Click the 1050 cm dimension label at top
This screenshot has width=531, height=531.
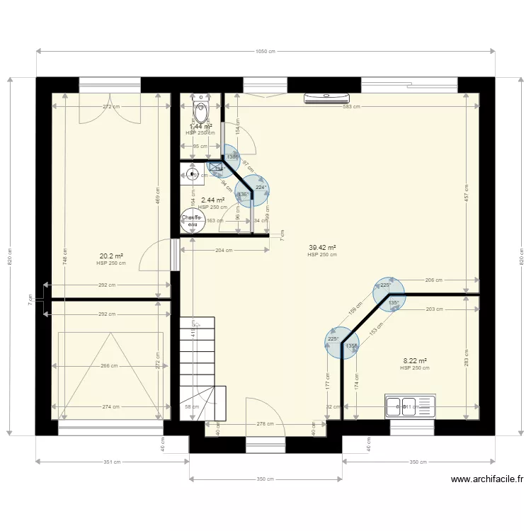point(265,51)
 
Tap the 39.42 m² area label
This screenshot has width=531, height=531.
point(322,248)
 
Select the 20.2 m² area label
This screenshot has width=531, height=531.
point(111,256)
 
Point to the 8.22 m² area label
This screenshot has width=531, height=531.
point(415,361)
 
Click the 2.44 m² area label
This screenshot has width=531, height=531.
point(212,200)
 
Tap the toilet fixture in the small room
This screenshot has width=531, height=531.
point(201,111)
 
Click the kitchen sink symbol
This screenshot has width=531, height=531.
point(410,406)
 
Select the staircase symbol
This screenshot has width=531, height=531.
point(202,368)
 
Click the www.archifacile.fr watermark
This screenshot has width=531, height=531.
point(487,479)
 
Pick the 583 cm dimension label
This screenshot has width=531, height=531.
point(351,107)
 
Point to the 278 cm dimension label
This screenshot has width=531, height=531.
point(265,423)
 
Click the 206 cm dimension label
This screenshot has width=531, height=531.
point(434,280)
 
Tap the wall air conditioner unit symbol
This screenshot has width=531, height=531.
point(327,98)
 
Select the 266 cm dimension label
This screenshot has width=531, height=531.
point(110,366)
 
